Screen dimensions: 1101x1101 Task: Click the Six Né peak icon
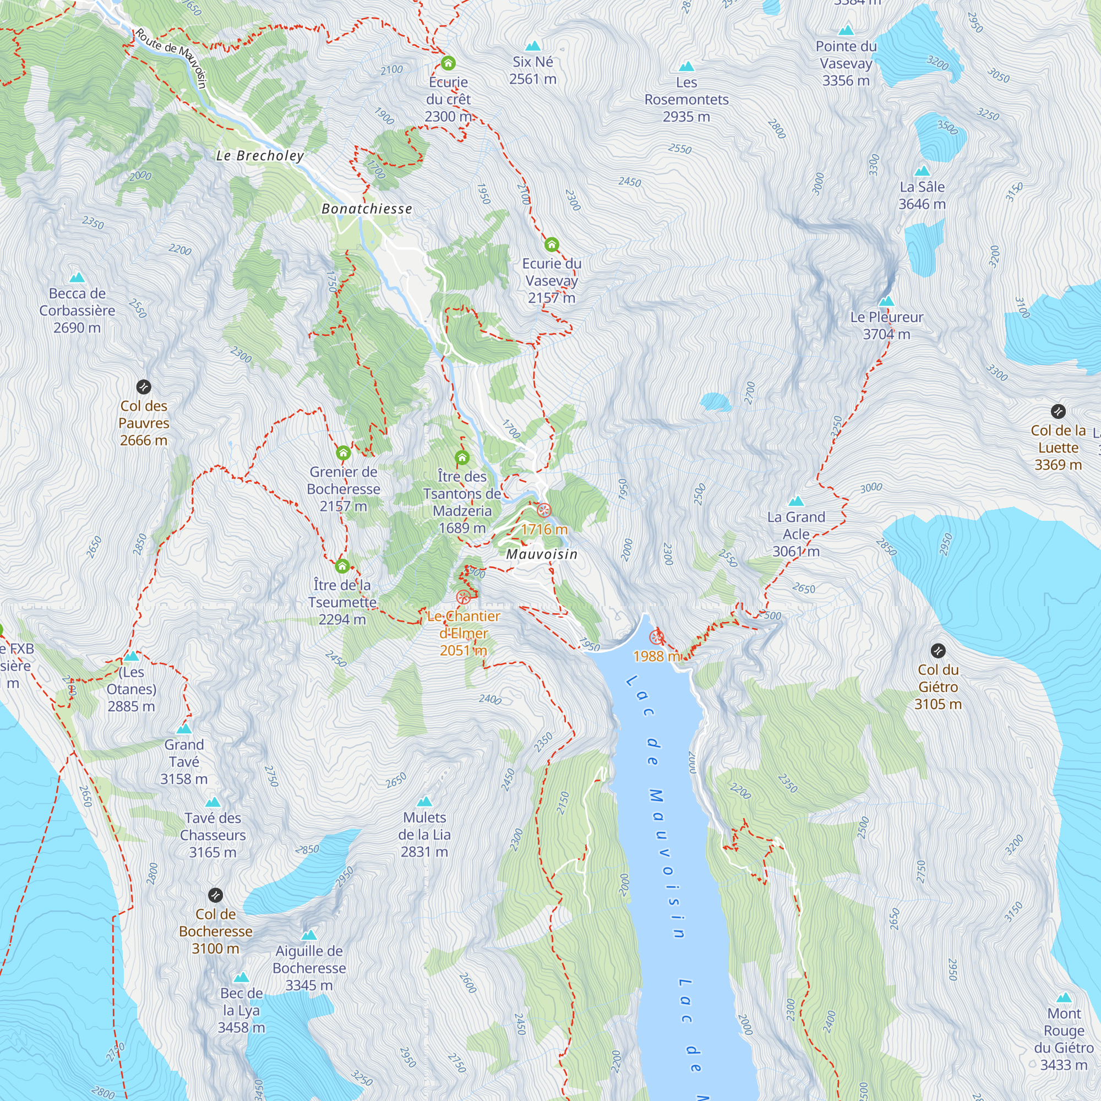tap(533, 46)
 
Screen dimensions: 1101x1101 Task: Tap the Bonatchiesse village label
tap(367, 209)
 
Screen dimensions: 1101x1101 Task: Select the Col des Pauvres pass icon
tap(144, 388)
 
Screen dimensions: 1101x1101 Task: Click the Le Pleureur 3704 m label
tap(886, 325)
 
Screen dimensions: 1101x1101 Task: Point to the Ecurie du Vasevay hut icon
tap(551, 245)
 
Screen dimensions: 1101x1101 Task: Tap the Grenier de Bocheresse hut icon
tap(343, 453)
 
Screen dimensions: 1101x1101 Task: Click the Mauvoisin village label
tap(541, 554)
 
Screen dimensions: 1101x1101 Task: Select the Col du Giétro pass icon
tap(938, 650)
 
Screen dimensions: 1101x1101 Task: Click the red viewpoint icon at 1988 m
tap(657, 637)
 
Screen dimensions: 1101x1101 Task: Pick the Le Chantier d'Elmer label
tap(464, 633)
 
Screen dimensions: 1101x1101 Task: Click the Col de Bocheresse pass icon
tap(215, 895)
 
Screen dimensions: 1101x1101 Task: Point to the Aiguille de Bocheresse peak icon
tap(309, 935)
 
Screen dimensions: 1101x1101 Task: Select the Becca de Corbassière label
tap(77, 310)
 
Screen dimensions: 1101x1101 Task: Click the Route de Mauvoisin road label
tap(171, 57)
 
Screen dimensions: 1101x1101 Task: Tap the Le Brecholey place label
tap(260, 156)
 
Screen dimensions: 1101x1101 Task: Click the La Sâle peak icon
tap(922, 171)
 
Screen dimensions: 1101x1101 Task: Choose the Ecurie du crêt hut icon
tap(448, 63)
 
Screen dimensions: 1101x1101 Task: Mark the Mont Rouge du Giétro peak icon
tap(1064, 998)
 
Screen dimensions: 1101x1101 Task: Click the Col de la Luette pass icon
tap(1058, 411)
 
